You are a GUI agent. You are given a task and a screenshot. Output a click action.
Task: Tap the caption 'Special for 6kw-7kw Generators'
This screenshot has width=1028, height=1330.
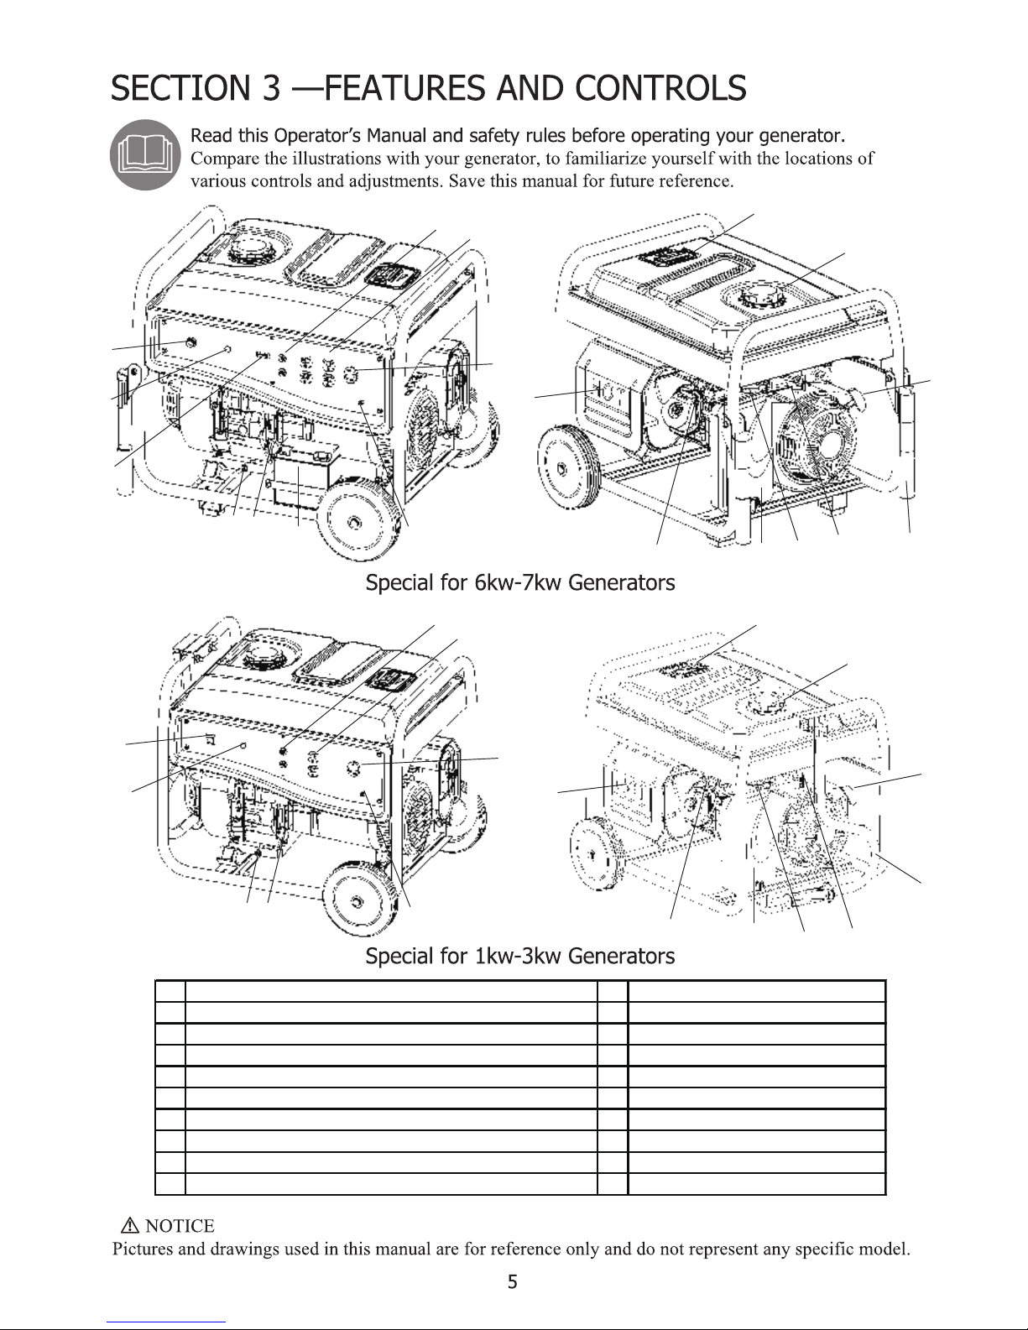520,582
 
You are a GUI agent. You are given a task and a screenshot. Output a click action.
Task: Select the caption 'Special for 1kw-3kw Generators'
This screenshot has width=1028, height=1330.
520,956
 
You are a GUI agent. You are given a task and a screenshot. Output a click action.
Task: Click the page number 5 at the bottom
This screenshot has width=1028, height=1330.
514,1281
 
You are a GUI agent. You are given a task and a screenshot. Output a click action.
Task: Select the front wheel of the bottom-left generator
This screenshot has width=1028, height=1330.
359,900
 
